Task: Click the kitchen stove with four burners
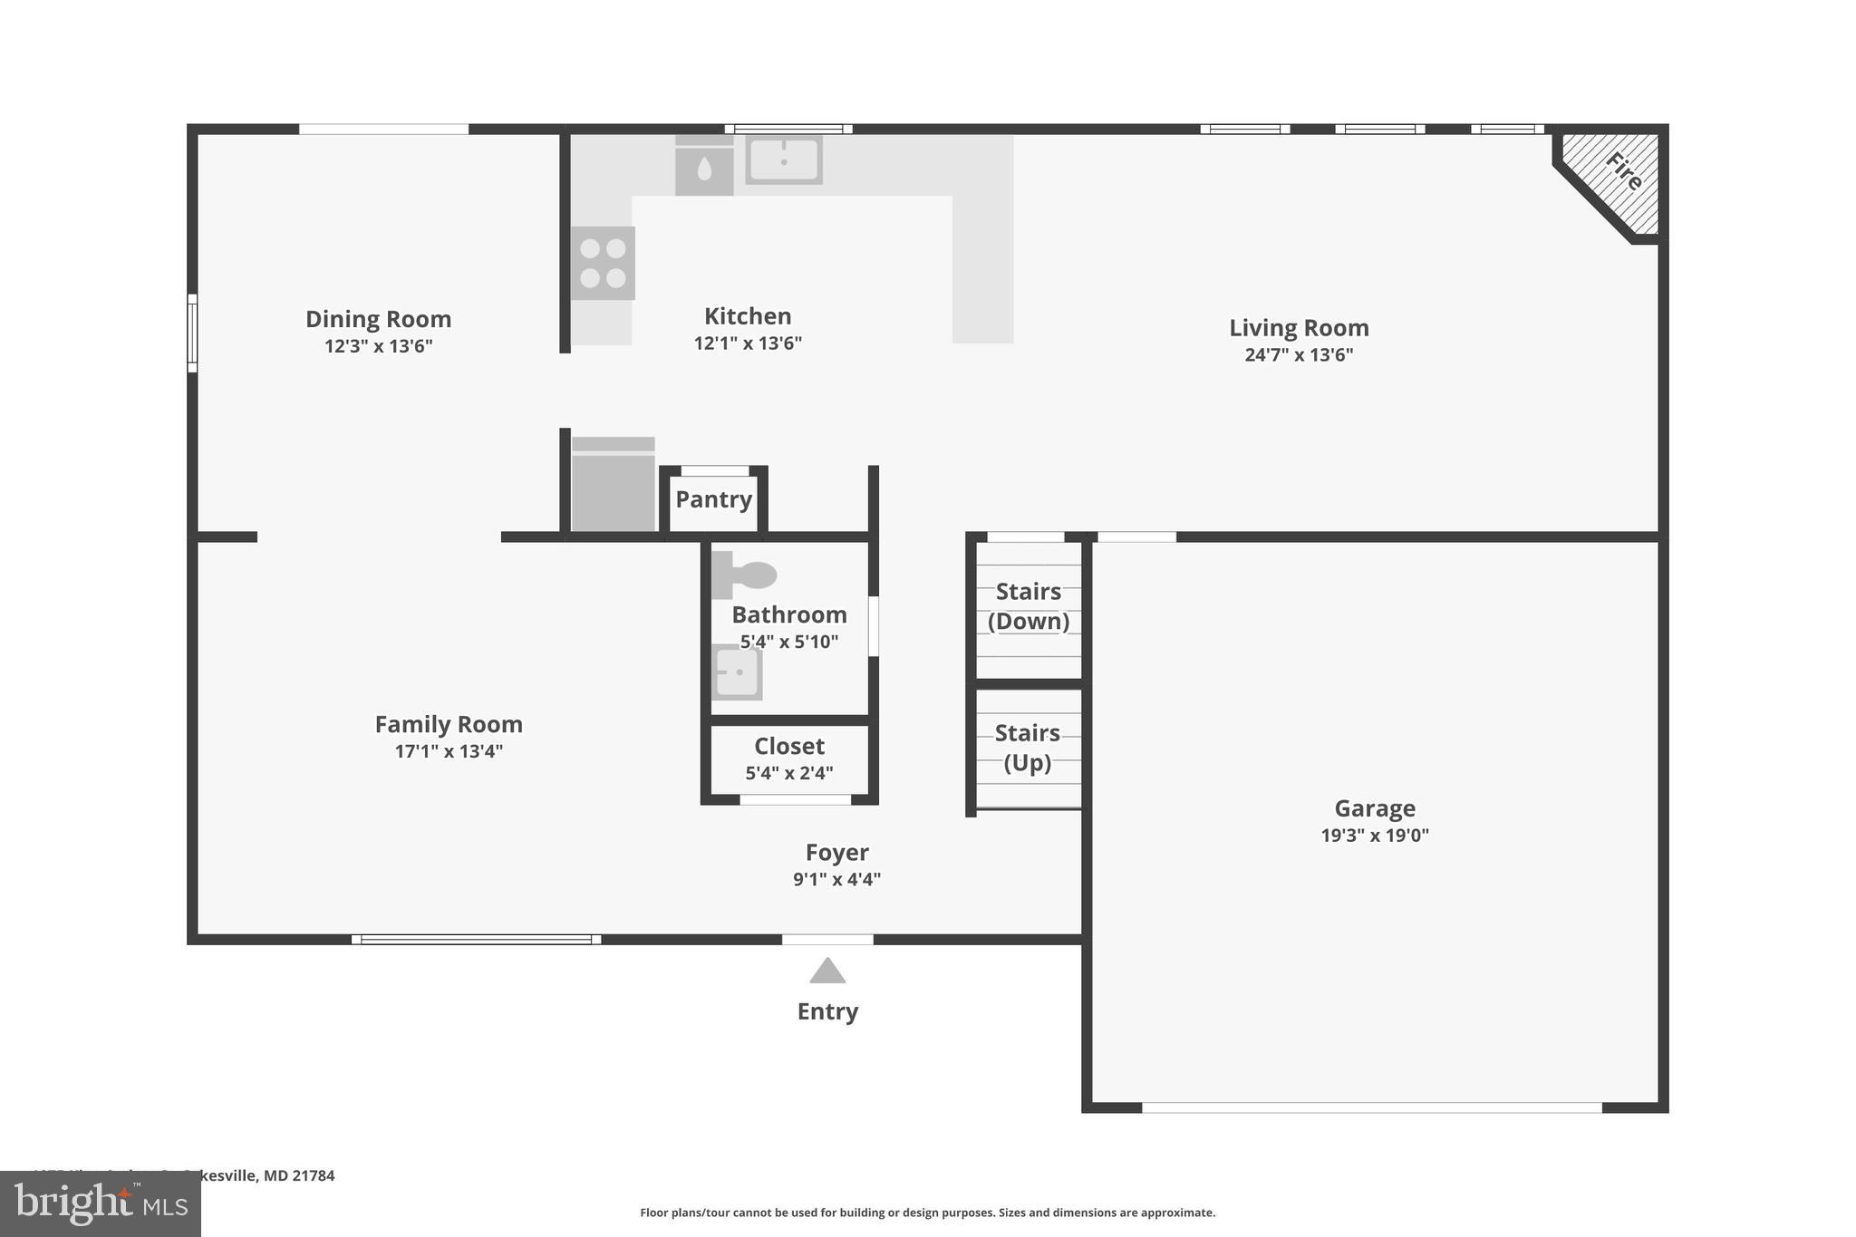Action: coord(603,263)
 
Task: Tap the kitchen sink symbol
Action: coord(784,160)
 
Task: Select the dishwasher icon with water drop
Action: coord(704,169)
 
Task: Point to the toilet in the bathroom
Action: coord(746,575)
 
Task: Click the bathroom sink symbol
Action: coord(737,672)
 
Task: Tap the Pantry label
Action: coord(713,499)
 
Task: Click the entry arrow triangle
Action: coord(827,971)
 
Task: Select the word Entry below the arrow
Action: coord(827,1011)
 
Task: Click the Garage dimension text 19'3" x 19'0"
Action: coord(1374,836)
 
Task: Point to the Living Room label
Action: coord(1299,328)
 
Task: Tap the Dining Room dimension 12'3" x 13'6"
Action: coord(379,346)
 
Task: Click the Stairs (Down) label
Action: coord(1029,606)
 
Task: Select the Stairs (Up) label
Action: coord(1028,747)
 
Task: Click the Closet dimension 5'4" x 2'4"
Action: coord(789,773)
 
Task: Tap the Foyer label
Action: coord(836,853)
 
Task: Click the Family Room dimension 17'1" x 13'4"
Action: coord(449,751)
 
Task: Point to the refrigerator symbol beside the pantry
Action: coord(614,486)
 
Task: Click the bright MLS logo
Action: coord(100,1203)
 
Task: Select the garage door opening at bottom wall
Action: coord(1371,1107)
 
